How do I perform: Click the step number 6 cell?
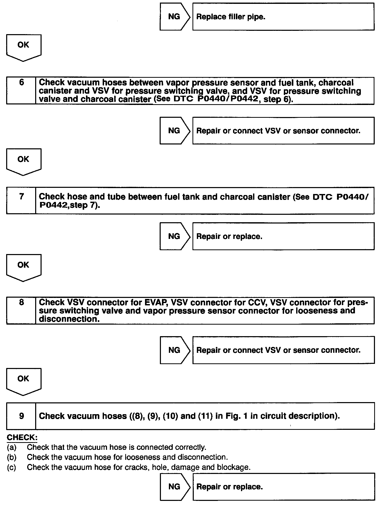point(21,90)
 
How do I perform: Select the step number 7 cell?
point(21,200)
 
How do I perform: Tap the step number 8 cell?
point(21,310)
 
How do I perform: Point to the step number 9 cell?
point(21,416)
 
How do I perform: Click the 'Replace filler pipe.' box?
point(283,17)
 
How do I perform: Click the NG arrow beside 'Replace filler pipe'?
point(175,17)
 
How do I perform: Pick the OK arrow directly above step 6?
point(23,47)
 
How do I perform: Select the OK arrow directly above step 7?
point(23,161)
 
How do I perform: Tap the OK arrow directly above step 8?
point(23,267)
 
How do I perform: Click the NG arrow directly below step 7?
point(175,236)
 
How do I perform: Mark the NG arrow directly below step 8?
point(175,350)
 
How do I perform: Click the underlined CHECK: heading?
point(22,437)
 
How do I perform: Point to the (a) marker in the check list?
point(12,447)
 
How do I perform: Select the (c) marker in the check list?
point(12,467)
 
